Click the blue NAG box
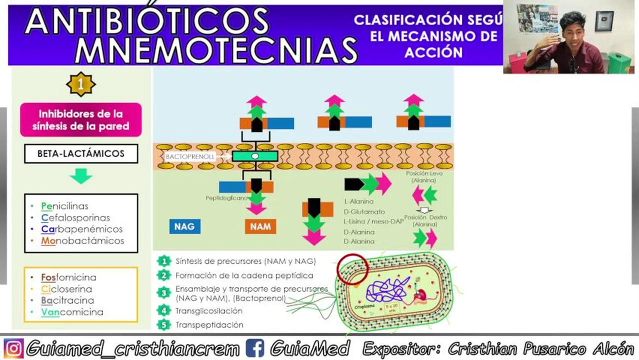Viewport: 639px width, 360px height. pyautogui.click(x=184, y=226)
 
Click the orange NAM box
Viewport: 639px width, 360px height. pyautogui.click(x=260, y=226)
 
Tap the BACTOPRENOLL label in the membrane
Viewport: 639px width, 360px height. pyautogui.click(x=190, y=156)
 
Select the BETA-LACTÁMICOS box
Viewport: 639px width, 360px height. pyautogui.click(x=81, y=153)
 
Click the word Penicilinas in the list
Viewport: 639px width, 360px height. pyautogui.click(x=65, y=206)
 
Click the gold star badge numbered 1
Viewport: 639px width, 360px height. pyautogui.click(x=81, y=84)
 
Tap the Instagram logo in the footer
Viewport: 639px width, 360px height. pyautogui.click(x=13, y=348)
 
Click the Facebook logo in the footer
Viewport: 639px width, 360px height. pyautogui.click(x=254, y=348)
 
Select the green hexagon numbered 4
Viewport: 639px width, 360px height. pyautogui.click(x=163, y=310)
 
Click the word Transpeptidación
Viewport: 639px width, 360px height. pyautogui.click(x=209, y=325)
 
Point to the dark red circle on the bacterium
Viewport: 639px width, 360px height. pyautogui.click(x=352, y=269)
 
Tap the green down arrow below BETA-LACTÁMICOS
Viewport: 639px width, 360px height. pyautogui.click(x=81, y=175)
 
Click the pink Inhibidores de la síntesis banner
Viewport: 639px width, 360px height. pyautogui.click(x=81, y=120)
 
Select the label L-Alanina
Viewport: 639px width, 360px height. pyautogui.click(x=359, y=201)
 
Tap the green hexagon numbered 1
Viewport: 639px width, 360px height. pyautogui.click(x=163, y=261)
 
